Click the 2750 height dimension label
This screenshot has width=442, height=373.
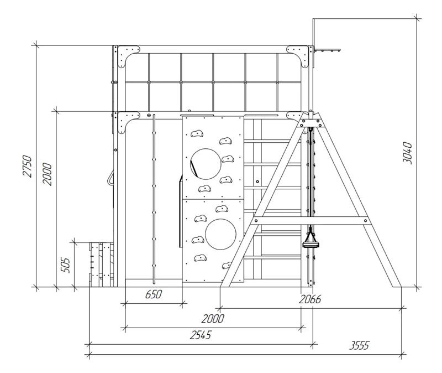[x=27, y=166]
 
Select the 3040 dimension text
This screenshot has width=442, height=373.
[x=407, y=153]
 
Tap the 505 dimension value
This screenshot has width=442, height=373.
[x=65, y=265]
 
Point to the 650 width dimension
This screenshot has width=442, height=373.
[x=154, y=294]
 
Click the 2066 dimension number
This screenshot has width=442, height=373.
[x=310, y=299]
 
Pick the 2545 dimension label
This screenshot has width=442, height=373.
[x=201, y=335]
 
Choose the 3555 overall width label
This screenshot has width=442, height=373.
[x=359, y=345]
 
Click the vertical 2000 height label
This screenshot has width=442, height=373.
[x=47, y=174]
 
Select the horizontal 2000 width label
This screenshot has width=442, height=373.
[x=213, y=319]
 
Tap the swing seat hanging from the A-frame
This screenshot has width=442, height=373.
[x=311, y=244]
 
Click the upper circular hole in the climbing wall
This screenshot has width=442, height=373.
[x=206, y=164]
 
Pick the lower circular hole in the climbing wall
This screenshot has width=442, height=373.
[x=220, y=234]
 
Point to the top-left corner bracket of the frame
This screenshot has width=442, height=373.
[x=128, y=56]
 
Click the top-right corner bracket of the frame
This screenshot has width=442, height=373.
[x=298, y=56]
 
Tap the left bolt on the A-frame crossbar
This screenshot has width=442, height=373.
[x=256, y=220]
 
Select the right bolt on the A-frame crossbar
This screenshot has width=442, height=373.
[x=366, y=220]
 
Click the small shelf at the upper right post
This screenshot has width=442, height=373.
[x=328, y=50]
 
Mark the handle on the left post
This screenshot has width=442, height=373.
[x=111, y=177]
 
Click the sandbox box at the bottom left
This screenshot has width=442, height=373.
[x=102, y=265]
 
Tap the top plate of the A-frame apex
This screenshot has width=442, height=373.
[x=311, y=123]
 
